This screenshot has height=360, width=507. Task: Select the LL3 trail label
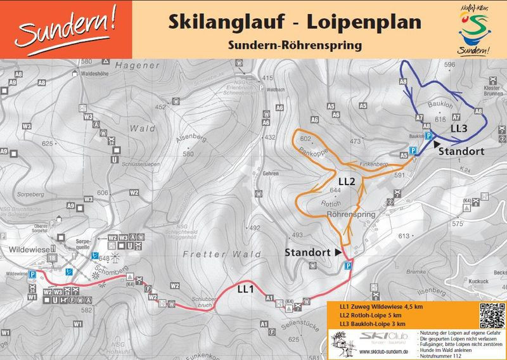click(x=459, y=129)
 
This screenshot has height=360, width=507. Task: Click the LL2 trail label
click(x=346, y=181)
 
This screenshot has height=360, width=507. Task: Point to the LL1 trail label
click(x=246, y=289)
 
